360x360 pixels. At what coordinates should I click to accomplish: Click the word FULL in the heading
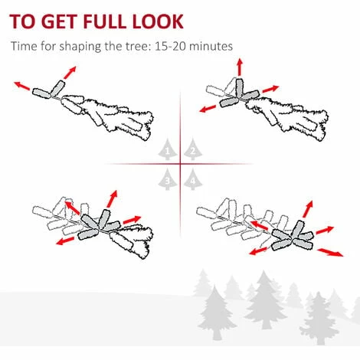(106, 21)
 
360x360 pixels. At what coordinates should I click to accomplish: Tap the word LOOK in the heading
(158, 21)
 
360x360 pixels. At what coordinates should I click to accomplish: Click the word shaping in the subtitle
(80, 47)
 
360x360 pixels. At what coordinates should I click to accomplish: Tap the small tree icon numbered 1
(168, 149)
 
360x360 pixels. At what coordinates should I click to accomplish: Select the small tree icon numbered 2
(193, 149)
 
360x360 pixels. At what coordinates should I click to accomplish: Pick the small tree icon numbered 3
(168, 179)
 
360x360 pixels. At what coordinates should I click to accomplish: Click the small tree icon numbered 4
(193, 179)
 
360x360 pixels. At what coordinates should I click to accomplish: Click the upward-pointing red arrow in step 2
(240, 67)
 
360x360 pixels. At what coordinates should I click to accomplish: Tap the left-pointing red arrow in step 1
(21, 86)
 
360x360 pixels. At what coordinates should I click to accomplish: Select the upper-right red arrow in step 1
(70, 72)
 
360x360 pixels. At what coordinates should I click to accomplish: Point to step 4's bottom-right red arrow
(330, 252)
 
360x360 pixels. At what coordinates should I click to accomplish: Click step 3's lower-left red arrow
(65, 241)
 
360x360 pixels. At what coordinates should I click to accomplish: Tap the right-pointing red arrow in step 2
(270, 89)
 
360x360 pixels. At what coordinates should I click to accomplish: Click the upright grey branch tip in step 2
(239, 88)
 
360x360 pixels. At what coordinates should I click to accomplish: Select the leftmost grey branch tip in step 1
(41, 93)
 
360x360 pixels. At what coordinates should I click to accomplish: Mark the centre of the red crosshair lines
(180, 164)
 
